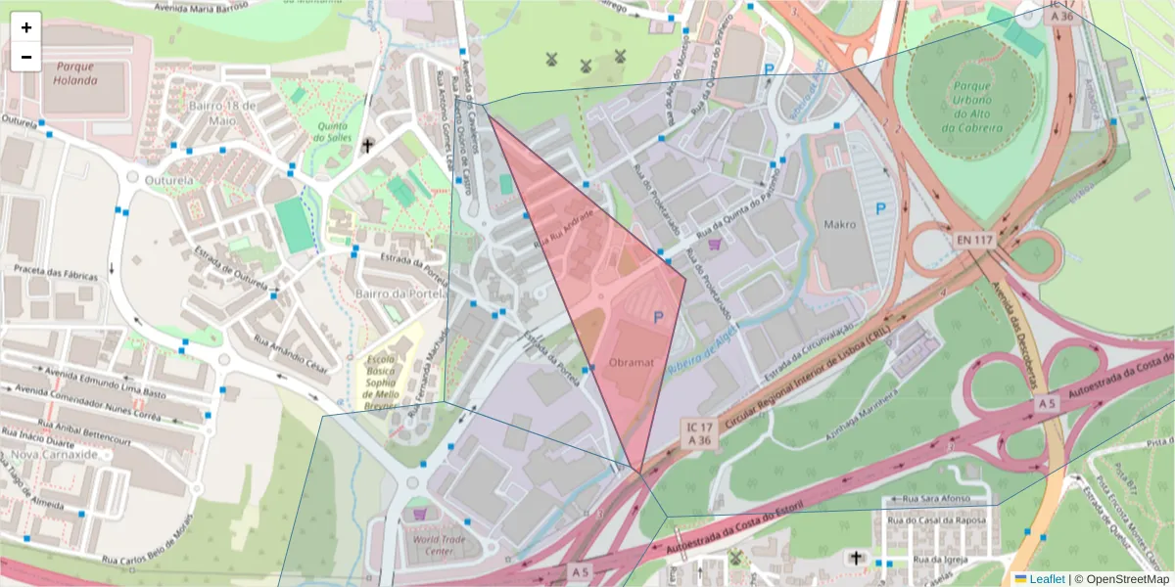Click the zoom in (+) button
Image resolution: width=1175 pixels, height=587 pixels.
[x=26, y=27]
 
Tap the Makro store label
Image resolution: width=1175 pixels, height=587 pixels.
[x=839, y=224]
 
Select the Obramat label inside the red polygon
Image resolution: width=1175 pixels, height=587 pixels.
[x=631, y=362]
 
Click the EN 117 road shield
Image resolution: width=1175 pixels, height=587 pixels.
[x=976, y=240]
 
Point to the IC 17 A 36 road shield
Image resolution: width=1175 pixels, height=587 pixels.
[x=700, y=433]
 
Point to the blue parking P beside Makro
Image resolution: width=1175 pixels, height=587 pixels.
[x=880, y=208]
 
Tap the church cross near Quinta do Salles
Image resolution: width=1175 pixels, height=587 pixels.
[x=368, y=146]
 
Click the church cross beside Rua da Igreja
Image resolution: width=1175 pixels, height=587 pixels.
[x=856, y=559]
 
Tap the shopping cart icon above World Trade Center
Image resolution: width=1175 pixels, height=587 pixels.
[x=420, y=513]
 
